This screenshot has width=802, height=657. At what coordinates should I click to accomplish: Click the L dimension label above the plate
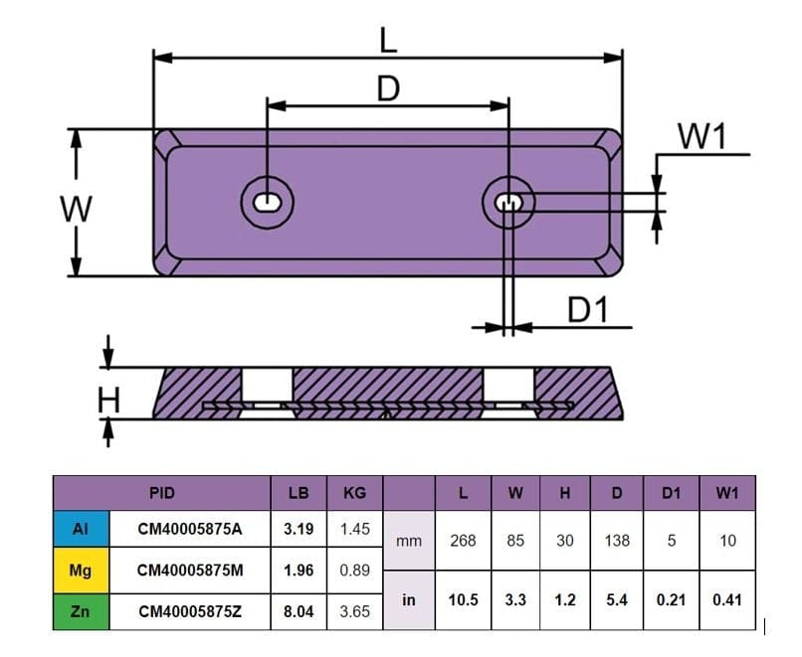[x=388, y=39]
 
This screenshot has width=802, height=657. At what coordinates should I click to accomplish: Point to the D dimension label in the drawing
[x=388, y=88]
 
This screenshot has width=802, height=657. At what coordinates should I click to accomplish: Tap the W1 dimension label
[x=702, y=137]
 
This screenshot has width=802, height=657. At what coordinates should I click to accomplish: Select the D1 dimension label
[x=587, y=310]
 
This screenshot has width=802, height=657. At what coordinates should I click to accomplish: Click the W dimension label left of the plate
[x=76, y=210]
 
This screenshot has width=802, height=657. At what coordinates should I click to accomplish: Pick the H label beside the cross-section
[x=108, y=401]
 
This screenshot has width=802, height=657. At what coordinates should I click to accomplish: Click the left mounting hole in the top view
[x=268, y=202]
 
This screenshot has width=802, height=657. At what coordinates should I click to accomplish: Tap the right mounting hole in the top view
[x=509, y=203]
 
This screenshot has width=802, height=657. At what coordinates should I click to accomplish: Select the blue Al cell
[x=81, y=529]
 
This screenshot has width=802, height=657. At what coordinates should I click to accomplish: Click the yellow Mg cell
[x=81, y=571]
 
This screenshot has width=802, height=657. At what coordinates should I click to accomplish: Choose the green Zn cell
[x=81, y=611]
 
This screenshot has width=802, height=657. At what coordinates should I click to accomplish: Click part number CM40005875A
[x=189, y=529]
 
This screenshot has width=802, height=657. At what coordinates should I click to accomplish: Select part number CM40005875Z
[x=189, y=611]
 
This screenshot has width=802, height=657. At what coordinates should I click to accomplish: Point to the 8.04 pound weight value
[x=299, y=611]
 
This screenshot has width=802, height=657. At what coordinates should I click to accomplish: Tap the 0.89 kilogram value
[x=354, y=571]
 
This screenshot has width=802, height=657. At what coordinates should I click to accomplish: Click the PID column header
[x=161, y=492]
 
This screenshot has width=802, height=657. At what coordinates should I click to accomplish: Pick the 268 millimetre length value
[x=463, y=541]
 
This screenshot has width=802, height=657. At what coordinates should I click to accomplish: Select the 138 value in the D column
[x=618, y=541]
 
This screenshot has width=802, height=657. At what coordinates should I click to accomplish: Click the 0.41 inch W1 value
[x=727, y=600]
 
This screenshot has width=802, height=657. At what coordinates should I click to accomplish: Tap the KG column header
[x=354, y=492]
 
